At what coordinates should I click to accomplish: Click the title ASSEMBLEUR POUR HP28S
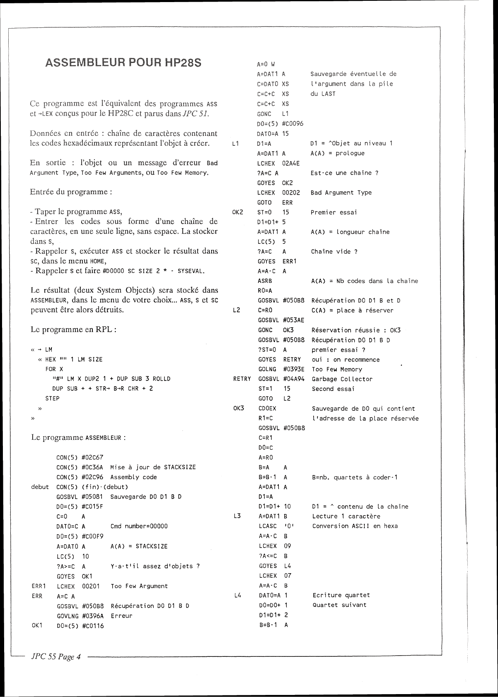pos(123,63)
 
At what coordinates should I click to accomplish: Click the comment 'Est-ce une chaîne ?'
pos(344,173)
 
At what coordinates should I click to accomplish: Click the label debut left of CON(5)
pos(40,487)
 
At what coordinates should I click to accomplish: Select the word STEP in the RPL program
pos(52,398)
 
